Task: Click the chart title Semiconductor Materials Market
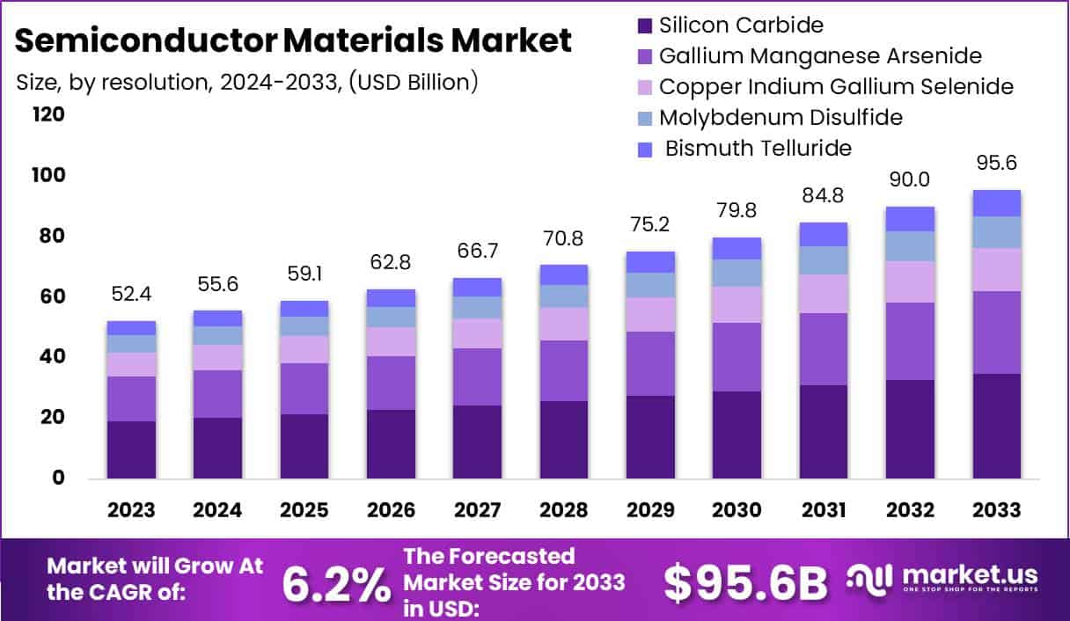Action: [x=293, y=40]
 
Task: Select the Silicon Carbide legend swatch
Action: [x=644, y=26]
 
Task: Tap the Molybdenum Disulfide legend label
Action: [x=781, y=117]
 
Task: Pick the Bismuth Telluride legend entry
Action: [x=758, y=148]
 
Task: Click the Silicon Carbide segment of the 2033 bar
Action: [x=996, y=426]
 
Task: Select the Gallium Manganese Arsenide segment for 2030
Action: [x=737, y=357]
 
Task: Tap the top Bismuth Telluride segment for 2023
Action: [x=131, y=328]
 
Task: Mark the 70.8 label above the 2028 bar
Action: [x=563, y=239]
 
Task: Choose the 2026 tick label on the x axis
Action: [x=391, y=511]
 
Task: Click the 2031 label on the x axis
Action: [x=823, y=511]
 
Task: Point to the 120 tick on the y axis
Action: [x=48, y=114]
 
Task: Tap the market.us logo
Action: [x=942, y=578]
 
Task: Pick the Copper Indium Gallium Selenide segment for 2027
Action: [x=477, y=333]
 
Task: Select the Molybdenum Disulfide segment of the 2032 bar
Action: [x=910, y=246]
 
